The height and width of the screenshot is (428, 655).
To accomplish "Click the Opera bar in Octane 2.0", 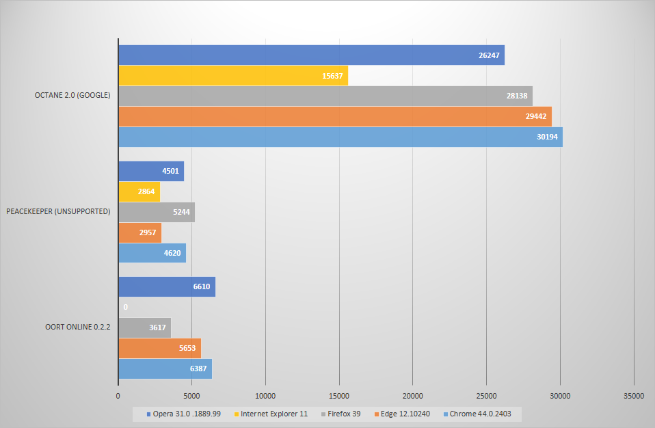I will tap(311, 55).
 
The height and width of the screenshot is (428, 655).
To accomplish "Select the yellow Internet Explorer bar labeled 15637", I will tap(232, 76).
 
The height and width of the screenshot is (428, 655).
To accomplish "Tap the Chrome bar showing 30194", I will tap(340, 137).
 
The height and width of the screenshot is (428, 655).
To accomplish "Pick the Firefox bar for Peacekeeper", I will tap(156, 212).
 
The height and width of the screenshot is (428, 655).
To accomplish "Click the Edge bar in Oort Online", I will tap(159, 349).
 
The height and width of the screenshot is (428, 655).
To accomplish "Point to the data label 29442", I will tap(535, 117).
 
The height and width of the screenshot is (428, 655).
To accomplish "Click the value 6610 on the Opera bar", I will tap(201, 287).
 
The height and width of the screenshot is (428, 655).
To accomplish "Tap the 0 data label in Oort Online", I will tap(126, 308).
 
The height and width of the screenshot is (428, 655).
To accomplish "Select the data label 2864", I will tap(146, 192).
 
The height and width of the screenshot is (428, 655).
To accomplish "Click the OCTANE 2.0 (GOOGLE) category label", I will tap(72, 95).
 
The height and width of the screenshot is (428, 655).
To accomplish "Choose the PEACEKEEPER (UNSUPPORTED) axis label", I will tap(58, 211).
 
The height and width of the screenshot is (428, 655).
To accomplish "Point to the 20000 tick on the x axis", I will tap(412, 395).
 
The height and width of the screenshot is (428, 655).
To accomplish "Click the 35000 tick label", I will tap(634, 395).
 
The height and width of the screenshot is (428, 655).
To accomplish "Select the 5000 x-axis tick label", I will tap(191, 395).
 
